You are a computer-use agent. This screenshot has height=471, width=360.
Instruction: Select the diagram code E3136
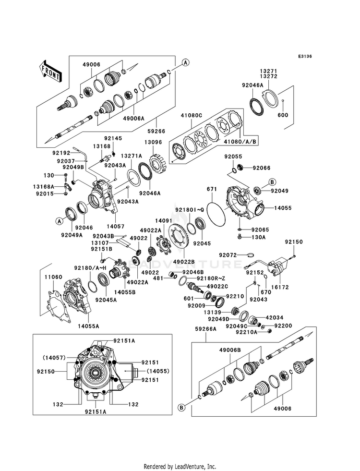(x=305, y=56)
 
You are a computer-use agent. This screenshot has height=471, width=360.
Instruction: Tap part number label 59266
(x=156, y=131)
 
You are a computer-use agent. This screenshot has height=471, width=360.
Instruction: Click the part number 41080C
(x=191, y=115)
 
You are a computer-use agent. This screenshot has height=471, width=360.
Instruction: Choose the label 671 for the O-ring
(x=212, y=189)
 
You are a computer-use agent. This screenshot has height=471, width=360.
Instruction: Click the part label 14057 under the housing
(x=116, y=227)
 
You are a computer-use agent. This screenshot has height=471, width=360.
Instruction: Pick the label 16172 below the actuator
(x=280, y=287)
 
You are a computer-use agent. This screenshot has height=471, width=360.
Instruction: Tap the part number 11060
(x=53, y=277)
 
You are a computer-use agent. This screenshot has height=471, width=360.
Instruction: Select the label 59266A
(x=206, y=329)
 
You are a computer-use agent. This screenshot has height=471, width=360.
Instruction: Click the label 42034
(x=274, y=317)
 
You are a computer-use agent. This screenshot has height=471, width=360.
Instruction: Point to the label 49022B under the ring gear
(x=184, y=262)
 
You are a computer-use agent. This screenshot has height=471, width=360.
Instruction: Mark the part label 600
(x=283, y=115)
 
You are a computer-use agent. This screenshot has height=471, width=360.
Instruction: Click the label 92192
(x=60, y=153)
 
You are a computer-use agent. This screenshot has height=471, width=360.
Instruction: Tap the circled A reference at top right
(x=186, y=62)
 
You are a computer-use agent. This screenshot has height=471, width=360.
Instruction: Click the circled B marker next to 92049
(x=272, y=182)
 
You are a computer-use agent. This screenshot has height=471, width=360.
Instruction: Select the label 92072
(x=228, y=255)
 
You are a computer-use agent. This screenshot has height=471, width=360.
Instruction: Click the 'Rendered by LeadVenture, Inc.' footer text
(x=180, y=467)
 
